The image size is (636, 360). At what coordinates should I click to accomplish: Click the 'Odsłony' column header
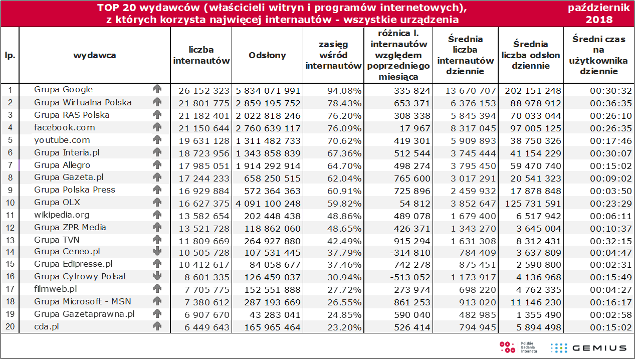[x=267, y=55]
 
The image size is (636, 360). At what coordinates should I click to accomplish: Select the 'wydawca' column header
[x=95, y=55]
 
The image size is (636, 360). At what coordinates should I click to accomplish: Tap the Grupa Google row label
[x=63, y=90]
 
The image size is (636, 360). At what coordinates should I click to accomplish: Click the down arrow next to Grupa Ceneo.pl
[x=157, y=252]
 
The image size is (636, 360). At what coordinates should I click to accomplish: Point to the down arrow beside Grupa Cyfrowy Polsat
[x=157, y=276]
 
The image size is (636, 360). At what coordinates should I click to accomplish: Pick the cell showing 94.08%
[x=344, y=91]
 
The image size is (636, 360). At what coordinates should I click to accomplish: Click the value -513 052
[x=410, y=277]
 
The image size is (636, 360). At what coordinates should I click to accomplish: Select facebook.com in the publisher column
[x=65, y=127]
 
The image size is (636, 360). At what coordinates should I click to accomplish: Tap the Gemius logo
[x=588, y=348]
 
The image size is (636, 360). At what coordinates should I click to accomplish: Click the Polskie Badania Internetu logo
[x=518, y=347]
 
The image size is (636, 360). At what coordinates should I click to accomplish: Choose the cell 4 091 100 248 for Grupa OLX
[x=268, y=204]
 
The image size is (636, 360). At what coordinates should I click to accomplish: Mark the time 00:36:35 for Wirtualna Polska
[x=611, y=103]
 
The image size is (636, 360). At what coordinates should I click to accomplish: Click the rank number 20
[x=10, y=326]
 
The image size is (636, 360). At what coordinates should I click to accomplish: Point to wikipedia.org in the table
[x=62, y=215]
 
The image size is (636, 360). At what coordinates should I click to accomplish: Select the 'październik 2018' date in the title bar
[x=599, y=14]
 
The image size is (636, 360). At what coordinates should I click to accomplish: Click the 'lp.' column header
[x=10, y=56]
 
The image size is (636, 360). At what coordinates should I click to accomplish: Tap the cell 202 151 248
[x=533, y=91]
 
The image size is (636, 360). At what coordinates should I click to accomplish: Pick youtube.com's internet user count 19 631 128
[x=204, y=141]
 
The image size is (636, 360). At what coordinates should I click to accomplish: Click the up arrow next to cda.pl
[x=157, y=326]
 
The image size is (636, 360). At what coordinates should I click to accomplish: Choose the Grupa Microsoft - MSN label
[x=83, y=301]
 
